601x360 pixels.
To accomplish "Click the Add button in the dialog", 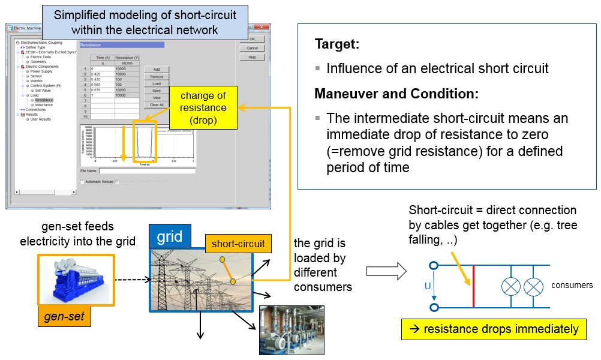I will (x=157, y=70).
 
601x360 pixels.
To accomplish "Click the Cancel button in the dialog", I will (x=252, y=48).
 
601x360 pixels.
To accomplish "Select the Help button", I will (x=252, y=57).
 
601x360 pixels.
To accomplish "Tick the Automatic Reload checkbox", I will (x=83, y=181).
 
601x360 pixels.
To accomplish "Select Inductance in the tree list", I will (x=44, y=105).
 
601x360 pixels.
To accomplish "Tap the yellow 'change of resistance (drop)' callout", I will (x=203, y=108).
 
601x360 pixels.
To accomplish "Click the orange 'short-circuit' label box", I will (x=238, y=243).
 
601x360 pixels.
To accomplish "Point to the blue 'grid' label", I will (x=170, y=236).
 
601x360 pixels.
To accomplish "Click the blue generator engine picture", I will (x=74, y=279).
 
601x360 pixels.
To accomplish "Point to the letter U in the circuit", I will (x=428, y=286).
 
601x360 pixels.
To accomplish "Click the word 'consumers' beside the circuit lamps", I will (x=572, y=285).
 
